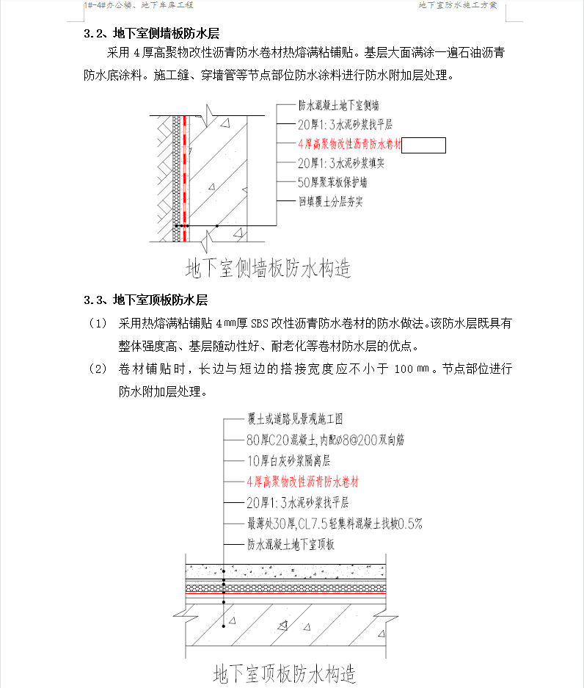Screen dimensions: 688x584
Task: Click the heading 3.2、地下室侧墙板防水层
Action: pos(152,33)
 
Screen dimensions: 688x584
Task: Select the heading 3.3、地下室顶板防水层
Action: pos(146,300)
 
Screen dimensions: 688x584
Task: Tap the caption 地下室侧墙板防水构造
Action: pos(269,267)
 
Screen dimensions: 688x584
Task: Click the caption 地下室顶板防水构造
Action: pos(285,673)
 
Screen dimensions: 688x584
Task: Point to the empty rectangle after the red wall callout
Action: pos(424,145)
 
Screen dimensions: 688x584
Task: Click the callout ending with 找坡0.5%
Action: pos(334,524)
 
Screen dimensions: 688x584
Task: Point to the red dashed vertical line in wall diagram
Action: pos(185,169)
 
